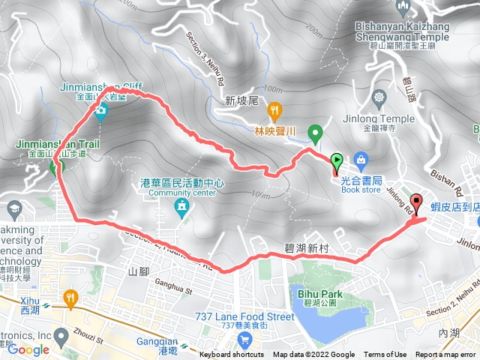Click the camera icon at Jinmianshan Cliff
[101, 112]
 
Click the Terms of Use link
[385, 355]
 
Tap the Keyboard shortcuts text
[232, 355]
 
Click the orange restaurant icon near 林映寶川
[274, 110]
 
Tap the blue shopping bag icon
[361, 160]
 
